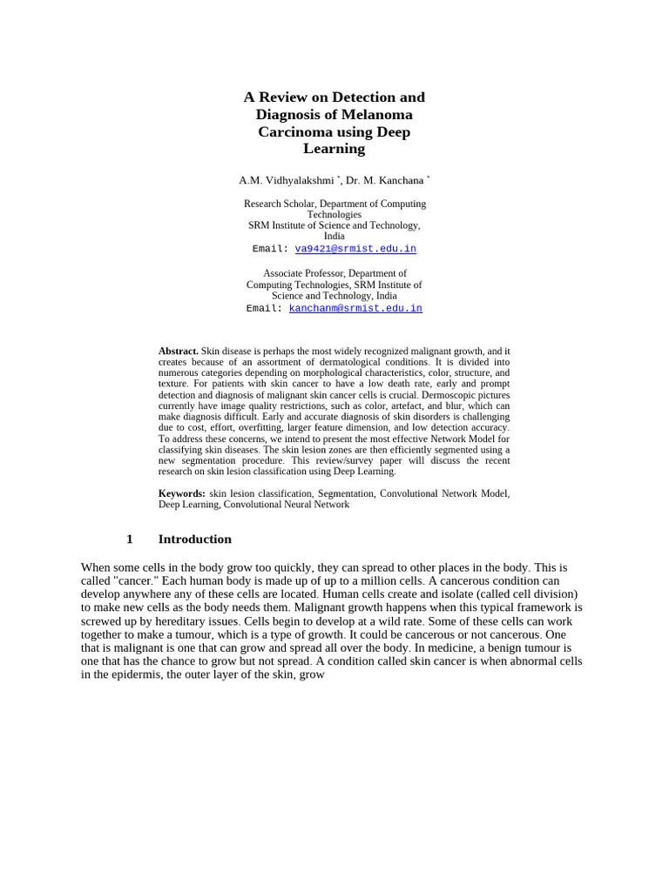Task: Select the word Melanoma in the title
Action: click(377, 115)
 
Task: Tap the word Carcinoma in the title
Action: click(294, 131)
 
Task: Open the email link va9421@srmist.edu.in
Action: click(355, 249)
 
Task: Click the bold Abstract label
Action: click(179, 352)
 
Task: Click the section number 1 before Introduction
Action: click(130, 539)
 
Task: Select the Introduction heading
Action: click(194, 539)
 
